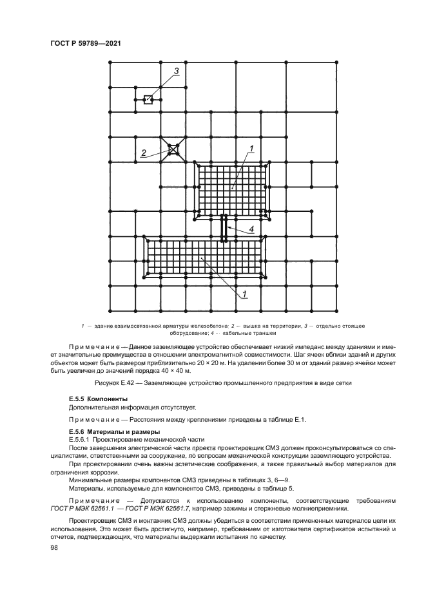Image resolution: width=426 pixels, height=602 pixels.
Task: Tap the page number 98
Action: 55,547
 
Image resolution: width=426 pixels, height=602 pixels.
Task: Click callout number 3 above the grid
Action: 175,71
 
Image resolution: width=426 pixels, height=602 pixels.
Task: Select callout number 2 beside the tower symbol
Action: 143,153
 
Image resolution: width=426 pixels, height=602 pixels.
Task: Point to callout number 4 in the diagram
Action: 251,229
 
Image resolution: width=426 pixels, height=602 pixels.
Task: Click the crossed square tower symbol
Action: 173,149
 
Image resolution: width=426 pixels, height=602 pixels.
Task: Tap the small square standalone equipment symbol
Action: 148,99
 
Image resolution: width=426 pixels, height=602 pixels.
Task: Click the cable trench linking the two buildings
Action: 224,229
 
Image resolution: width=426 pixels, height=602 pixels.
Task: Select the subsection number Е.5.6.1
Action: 82,438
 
